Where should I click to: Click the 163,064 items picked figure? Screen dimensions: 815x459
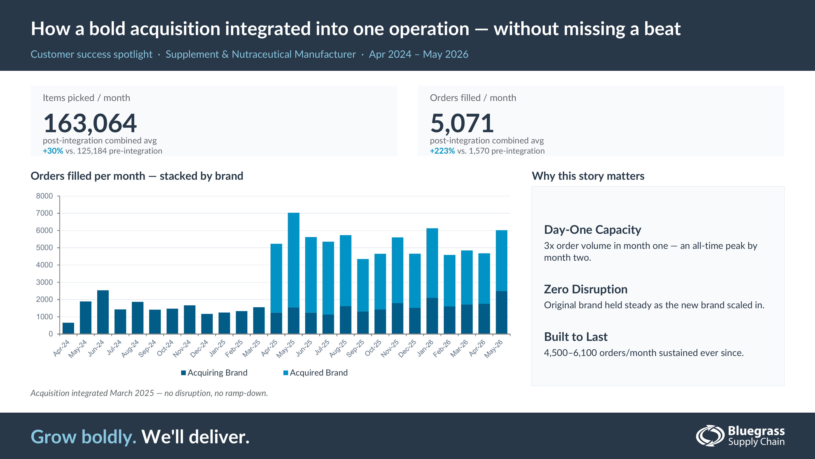90,123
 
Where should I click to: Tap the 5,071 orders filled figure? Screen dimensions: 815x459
462,123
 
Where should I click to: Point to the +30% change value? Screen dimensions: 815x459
53,151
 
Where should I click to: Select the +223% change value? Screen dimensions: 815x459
442,151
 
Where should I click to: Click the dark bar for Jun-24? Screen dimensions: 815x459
103,312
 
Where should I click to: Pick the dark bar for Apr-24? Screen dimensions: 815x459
68,328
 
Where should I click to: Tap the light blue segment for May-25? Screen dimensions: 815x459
294,260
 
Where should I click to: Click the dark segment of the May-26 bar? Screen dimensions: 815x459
501,312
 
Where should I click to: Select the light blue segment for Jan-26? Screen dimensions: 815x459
432,263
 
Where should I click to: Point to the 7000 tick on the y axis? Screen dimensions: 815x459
44,213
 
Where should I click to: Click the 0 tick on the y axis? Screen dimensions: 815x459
51,334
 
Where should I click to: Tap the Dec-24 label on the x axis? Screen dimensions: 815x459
199,348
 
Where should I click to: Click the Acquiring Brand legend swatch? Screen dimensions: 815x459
183,373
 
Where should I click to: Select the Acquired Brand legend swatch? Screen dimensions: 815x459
286,373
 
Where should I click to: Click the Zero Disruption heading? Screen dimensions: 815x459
586,289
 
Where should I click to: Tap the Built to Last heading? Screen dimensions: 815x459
576,337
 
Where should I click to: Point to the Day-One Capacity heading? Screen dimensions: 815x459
593,230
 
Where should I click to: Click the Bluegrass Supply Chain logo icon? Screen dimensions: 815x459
710,436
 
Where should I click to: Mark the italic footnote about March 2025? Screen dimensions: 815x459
149,393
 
